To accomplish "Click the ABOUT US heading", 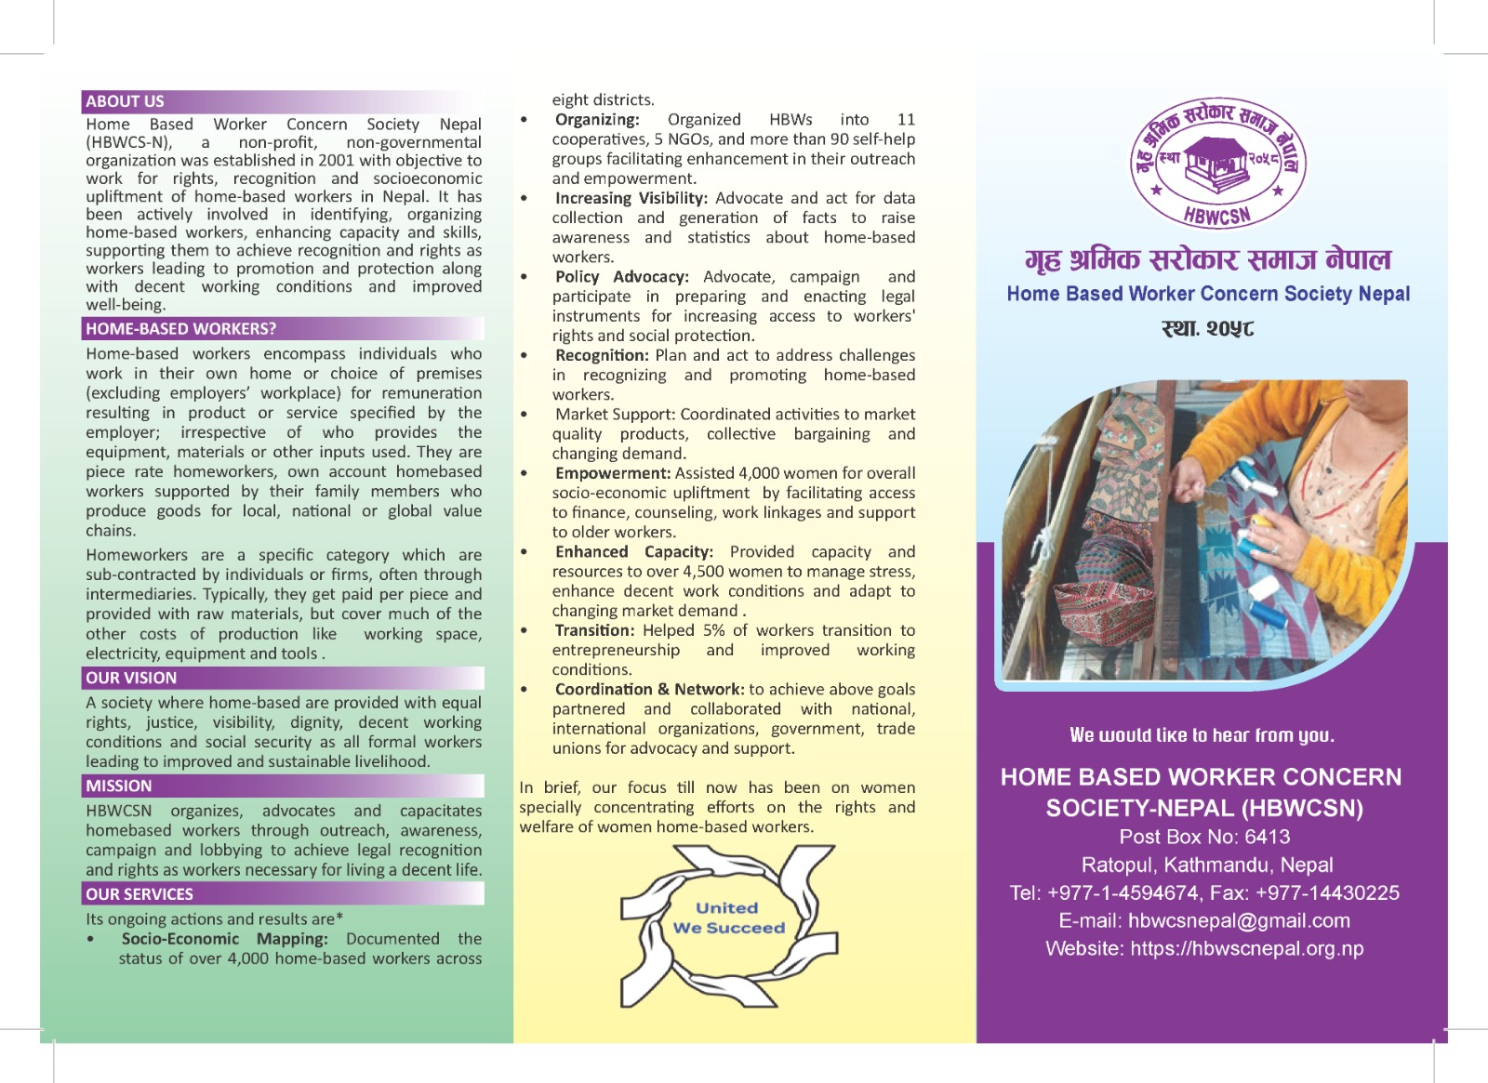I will click(x=126, y=101).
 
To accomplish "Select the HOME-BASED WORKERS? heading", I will click(x=181, y=329).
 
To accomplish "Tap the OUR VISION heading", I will click(x=131, y=679).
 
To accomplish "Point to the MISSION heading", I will click(x=119, y=786).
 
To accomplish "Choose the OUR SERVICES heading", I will click(x=139, y=894).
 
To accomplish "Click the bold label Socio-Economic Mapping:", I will click(x=224, y=939).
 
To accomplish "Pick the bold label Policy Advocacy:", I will click(x=621, y=277).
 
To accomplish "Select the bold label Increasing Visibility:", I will click(x=631, y=198).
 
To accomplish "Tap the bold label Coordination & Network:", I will click(x=649, y=690).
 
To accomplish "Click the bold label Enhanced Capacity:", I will click(x=633, y=552).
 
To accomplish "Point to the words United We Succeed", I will click(x=728, y=918).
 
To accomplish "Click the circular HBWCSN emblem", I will click(x=1217, y=164).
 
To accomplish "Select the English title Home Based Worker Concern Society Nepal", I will click(x=1208, y=294).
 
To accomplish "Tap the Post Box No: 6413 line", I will click(x=1204, y=837).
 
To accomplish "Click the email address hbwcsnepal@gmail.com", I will click(x=1239, y=920).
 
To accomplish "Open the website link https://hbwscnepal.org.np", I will click(x=1247, y=948).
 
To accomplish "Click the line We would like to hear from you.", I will click(x=1202, y=735).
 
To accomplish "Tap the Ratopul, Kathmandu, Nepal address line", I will click(x=1207, y=865).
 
